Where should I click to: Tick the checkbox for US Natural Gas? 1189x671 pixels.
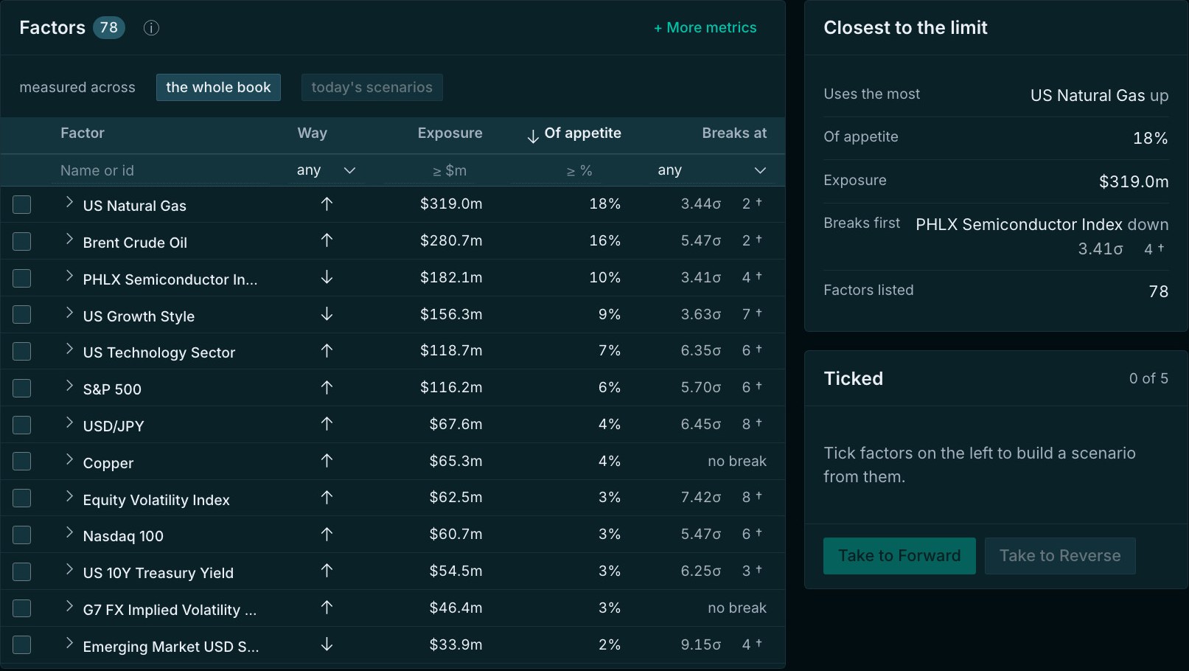(x=22, y=204)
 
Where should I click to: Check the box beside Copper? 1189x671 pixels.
(x=22, y=462)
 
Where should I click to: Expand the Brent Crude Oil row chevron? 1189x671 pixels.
(x=69, y=240)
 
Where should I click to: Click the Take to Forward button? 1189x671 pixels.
(x=899, y=556)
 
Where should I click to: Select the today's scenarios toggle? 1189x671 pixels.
(x=372, y=87)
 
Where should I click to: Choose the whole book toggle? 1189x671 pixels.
(x=218, y=87)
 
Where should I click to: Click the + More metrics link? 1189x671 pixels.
(x=705, y=27)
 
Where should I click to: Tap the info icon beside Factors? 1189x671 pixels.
(x=151, y=27)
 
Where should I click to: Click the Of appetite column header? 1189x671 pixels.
(x=574, y=133)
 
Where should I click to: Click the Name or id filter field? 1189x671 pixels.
(x=160, y=170)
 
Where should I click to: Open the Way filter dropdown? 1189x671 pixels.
(x=326, y=170)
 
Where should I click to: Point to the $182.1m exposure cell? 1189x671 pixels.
(x=451, y=278)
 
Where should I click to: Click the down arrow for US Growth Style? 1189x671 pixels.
(x=327, y=313)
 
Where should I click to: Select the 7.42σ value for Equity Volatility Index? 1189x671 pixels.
(x=701, y=498)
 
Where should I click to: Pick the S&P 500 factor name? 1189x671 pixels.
(x=112, y=389)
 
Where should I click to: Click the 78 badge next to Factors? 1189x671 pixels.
(x=109, y=27)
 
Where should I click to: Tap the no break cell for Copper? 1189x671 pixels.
(x=736, y=461)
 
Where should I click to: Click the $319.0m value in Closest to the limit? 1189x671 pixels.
(x=1133, y=181)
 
